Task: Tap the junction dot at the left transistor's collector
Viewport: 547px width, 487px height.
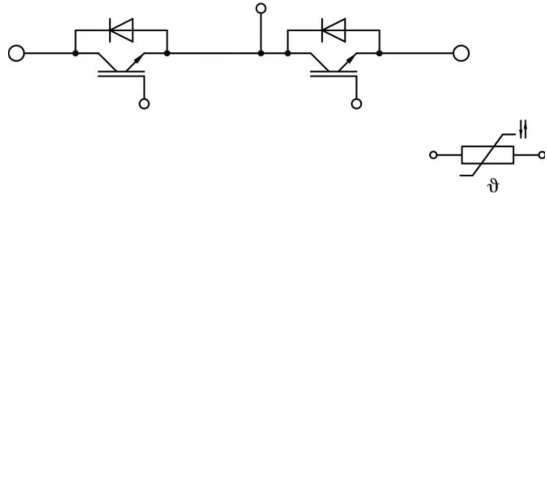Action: [x=76, y=53]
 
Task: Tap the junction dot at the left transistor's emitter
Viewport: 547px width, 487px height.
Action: [x=167, y=53]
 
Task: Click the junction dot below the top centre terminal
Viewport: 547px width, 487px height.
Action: [x=261, y=53]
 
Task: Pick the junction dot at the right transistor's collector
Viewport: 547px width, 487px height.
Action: [x=288, y=53]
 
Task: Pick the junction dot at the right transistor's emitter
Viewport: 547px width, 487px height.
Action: [x=379, y=53]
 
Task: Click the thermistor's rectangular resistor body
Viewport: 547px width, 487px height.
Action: [x=462, y=155]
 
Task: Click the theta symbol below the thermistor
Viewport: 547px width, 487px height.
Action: [x=493, y=186]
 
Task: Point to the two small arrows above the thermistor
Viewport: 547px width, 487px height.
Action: [x=523, y=129]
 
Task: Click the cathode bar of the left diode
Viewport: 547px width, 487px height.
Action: [x=110, y=30]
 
